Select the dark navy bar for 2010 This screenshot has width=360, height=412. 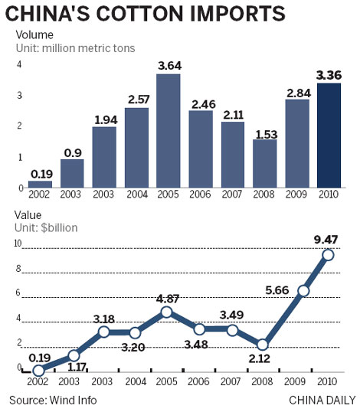click(x=329, y=135)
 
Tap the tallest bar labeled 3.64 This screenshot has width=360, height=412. click(x=169, y=130)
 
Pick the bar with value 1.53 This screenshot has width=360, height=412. click(x=265, y=163)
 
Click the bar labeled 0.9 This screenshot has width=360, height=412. click(x=72, y=173)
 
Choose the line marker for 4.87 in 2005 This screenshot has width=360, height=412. click(x=169, y=312)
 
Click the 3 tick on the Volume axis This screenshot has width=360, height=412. click(x=19, y=95)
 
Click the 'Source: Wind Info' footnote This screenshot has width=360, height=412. click(x=54, y=400)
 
